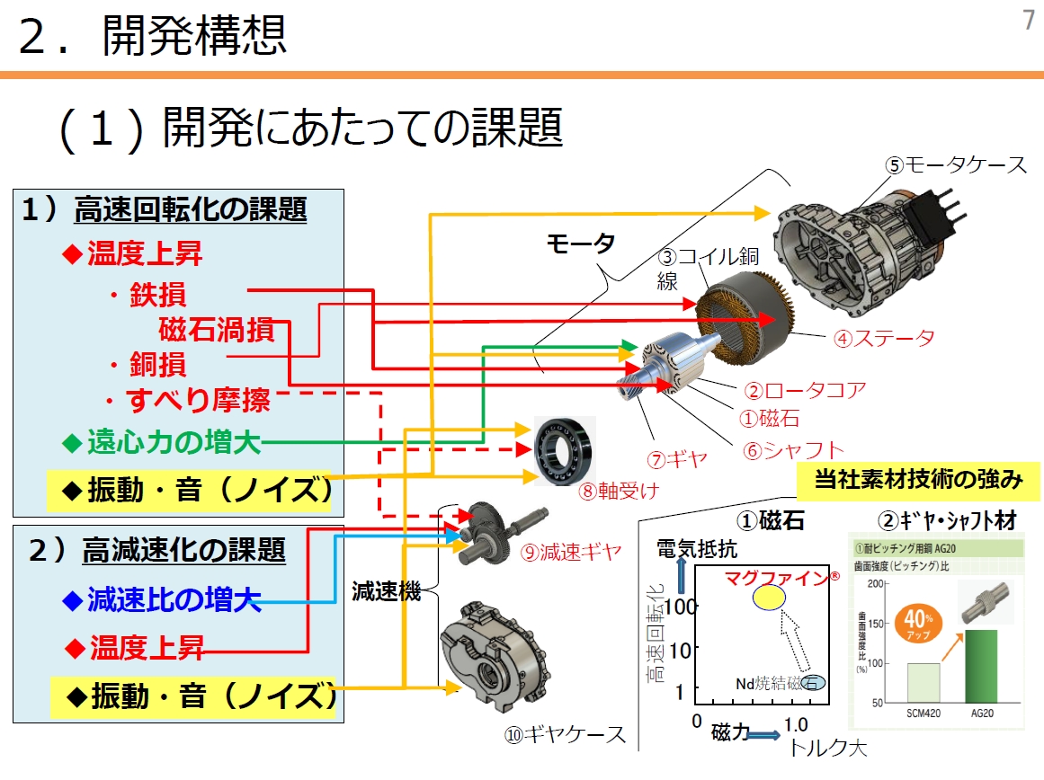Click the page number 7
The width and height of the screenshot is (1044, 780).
1029,21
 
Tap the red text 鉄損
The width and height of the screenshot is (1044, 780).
157,296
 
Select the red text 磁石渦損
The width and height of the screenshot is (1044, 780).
216,330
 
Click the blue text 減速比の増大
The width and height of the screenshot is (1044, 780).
174,599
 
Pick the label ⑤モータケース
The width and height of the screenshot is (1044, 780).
955,164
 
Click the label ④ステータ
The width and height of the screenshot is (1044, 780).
883,338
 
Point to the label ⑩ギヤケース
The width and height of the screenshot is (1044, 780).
565,734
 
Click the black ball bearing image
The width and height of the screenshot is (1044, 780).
564,449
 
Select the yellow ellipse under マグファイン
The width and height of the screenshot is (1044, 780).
769,597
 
